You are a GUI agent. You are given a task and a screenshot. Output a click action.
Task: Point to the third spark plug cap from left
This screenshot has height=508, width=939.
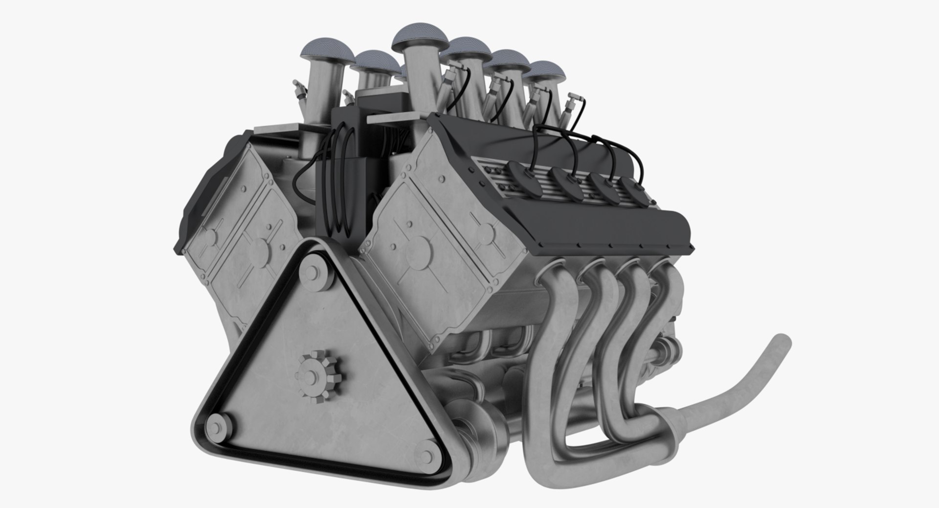[600, 187]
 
